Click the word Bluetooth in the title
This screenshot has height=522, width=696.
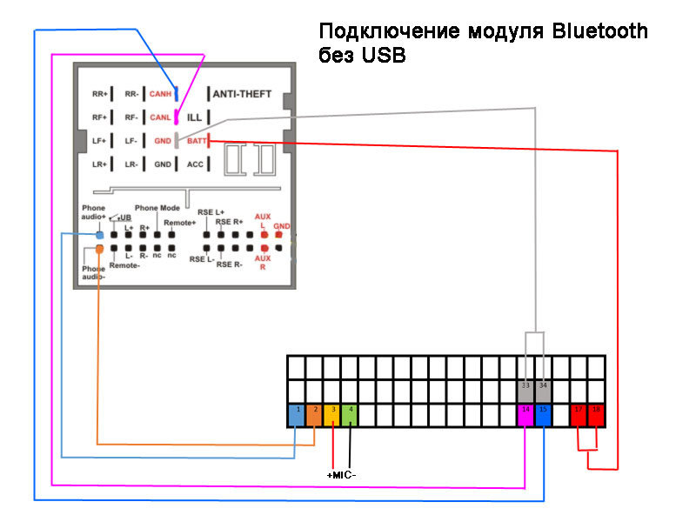[x=600, y=32]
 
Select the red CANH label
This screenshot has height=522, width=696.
[x=160, y=94]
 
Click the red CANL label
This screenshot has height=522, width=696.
[x=160, y=117]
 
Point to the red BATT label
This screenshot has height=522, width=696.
[x=197, y=141]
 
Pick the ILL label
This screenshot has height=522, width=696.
[x=195, y=117]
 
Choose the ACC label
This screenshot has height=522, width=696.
[x=196, y=164]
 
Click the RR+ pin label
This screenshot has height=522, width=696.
[x=98, y=94]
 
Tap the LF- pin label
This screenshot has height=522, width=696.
[x=131, y=141]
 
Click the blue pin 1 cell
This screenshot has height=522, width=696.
[x=297, y=414]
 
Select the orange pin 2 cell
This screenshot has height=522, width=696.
[x=315, y=414]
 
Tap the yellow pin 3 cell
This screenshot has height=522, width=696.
[x=332, y=414]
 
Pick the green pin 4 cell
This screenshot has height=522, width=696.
[x=350, y=414]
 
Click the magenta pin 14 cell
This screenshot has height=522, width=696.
[x=525, y=414]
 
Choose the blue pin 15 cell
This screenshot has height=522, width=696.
[x=543, y=414]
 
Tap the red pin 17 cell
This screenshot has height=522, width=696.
[x=579, y=414]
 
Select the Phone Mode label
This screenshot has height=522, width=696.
[x=157, y=209]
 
